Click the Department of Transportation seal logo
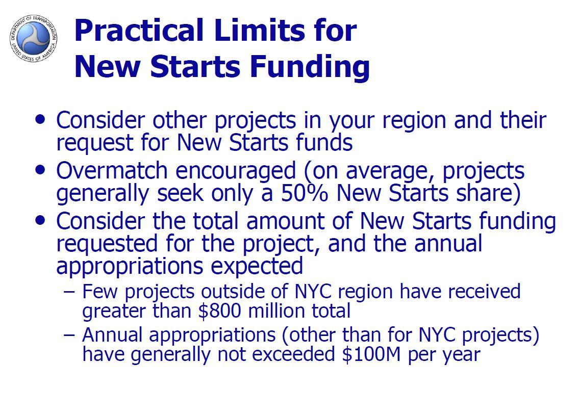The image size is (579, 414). pos(34,38)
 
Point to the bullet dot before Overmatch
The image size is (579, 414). pos(40,170)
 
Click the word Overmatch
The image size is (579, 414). pos(112,170)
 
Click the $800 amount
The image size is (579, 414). pos(220,310)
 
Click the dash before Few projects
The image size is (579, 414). pos(69,292)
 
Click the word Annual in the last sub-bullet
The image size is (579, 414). pos(112,334)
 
